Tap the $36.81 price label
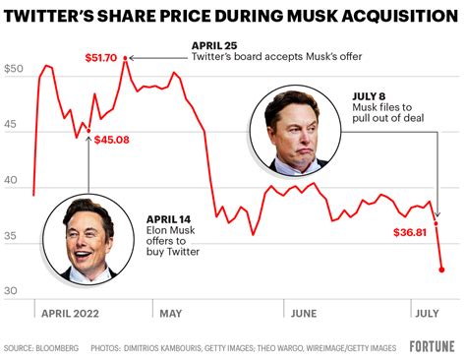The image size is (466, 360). (411, 233)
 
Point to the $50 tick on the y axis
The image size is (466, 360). (15, 70)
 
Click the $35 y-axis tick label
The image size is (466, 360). (15, 236)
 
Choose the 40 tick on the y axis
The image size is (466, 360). (15, 181)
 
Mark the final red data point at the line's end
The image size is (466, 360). (441, 269)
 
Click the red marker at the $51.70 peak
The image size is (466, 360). (125, 59)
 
